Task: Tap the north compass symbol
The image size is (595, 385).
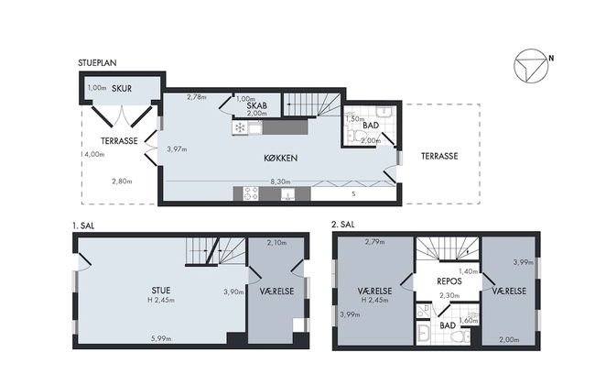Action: coord(529,63)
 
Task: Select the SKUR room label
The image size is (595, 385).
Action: coord(122,88)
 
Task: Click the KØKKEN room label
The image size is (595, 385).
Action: coord(279,158)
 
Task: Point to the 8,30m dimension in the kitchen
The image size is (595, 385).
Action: coord(279,182)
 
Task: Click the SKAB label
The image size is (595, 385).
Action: coord(256,105)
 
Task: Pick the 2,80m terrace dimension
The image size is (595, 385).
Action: coord(121,181)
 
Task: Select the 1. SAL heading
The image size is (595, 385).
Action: coord(84,223)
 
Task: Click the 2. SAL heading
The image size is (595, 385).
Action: coord(343,223)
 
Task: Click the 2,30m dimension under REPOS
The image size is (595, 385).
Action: coord(448,295)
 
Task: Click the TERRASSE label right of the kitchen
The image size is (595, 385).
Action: coord(439,156)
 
